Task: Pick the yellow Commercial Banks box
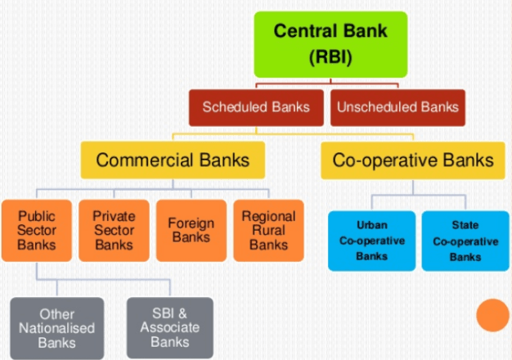172,160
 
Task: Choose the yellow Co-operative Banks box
413,160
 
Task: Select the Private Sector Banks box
113,231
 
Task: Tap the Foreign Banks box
191,231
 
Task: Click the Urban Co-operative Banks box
372,240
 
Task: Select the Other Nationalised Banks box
56,328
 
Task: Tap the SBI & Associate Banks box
169,328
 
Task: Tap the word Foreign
191,223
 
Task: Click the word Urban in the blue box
372,224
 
